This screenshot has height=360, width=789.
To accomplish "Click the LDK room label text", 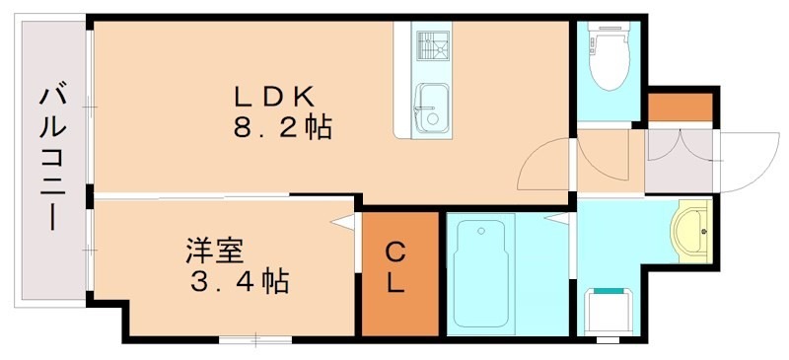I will coord(273,96).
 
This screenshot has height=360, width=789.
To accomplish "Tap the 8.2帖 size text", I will coord(281,128).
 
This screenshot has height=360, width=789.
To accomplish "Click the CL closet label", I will coord(394,266).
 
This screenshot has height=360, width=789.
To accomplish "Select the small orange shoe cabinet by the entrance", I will coord(680,106).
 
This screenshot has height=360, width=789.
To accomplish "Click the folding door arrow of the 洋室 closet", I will coord(345,225).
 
